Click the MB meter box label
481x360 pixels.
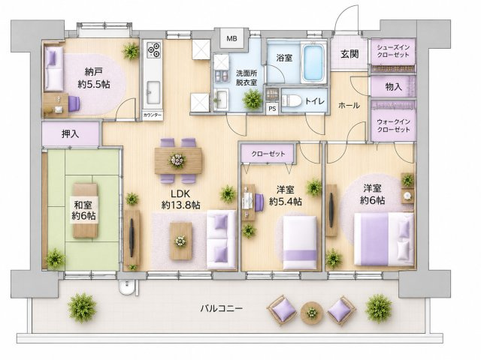(x=232, y=39)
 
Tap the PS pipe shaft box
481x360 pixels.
(x=272, y=109)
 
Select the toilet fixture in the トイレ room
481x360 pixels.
(x=291, y=100)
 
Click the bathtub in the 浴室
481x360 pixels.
(x=313, y=63)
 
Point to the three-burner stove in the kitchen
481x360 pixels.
(x=153, y=49)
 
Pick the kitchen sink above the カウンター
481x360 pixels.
(x=153, y=92)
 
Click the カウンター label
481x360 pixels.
(x=153, y=115)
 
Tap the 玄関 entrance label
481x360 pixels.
(x=349, y=54)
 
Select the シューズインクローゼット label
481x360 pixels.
(x=393, y=51)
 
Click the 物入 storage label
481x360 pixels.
(x=393, y=87)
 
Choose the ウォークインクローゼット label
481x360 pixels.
(x=394, y=125)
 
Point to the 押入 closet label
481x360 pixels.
(x=71, y=133)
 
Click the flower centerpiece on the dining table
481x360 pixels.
(x=177, y=160)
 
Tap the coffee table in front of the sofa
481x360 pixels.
(x=181, y=241)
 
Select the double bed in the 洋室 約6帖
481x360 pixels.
(x=384, y=239)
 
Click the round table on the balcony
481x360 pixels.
(x=312, y=313)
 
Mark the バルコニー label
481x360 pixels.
(x=222, y=308)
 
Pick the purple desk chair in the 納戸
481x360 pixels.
(x=74, y=103)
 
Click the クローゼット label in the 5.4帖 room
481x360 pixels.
(x=268, y=154)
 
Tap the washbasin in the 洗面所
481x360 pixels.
(x=220, y=99)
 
